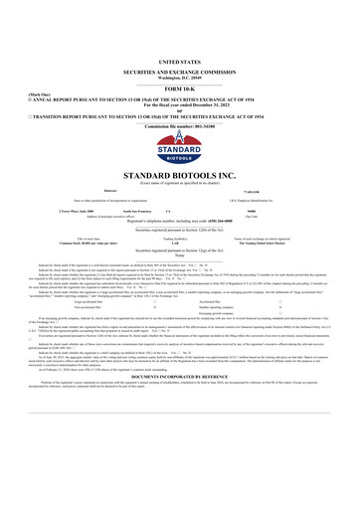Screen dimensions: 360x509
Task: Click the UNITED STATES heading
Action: coord(180,33)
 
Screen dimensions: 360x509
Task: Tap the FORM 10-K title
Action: coord(180,62)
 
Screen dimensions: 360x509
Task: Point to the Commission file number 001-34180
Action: coord(180,100)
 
